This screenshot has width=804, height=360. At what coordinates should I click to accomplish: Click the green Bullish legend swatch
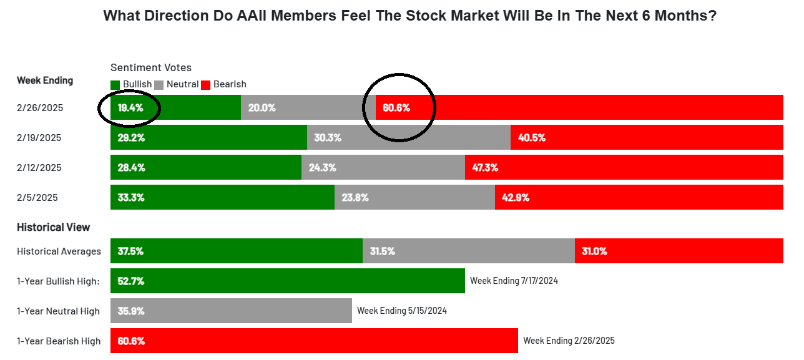click(115, 84)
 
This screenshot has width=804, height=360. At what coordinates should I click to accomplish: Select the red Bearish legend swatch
click(206, 84)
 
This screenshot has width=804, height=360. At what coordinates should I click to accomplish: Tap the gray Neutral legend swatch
click(159, 84)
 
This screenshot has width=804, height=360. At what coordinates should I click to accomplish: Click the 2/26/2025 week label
click(40, 108)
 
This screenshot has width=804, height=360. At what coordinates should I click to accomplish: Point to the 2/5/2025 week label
click(37, 198)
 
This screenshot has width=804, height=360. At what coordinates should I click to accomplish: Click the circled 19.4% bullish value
click(130, 107)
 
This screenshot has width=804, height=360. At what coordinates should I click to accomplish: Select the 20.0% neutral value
click(262, 107)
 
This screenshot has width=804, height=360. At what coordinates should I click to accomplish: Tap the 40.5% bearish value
click(532, 137)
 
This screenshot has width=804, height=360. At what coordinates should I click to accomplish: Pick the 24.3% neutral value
click(322, 167)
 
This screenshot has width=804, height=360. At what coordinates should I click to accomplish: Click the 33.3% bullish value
click(131, 197)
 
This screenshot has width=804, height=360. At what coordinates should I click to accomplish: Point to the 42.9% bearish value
click(516, 197)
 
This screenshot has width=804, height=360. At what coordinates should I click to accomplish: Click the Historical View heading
click(54, 227)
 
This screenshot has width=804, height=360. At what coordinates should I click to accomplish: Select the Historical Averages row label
click(59, 251)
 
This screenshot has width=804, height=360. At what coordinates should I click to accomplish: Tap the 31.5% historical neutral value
click(381, 251)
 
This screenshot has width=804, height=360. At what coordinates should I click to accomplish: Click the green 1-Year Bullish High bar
click(287, 281)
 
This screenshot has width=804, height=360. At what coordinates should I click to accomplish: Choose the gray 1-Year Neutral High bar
click(231, 311)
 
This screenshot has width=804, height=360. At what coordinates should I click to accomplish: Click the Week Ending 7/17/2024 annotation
click(514, 281)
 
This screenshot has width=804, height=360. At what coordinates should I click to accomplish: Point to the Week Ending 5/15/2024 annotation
click(401, 311)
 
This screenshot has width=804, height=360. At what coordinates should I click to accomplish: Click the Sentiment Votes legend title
click(151, 67)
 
